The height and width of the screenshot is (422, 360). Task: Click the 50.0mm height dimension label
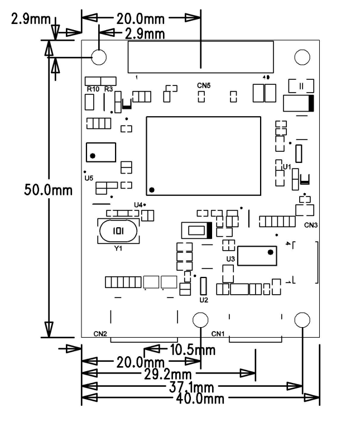coord(48,190)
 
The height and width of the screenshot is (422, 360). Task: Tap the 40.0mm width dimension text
coord(201,399)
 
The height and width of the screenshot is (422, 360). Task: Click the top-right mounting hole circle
coord(302,57)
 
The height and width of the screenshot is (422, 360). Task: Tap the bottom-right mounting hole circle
coord(302,320)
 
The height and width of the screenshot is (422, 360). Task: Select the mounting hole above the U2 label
coord(201,319)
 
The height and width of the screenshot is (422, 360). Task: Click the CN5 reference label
coord(204,86)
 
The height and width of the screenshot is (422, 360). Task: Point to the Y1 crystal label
coord(118,248)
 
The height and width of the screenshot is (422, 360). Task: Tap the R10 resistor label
coord(93,89)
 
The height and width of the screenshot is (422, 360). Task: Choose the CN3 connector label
coord(311,225)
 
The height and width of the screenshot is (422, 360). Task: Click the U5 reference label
coord(89,179)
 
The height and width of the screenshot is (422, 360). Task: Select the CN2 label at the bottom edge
coord(100,334)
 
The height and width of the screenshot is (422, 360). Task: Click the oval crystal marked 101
coord(118,231)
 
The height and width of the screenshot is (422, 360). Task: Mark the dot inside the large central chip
coord(152,190)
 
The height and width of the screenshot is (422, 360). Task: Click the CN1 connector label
coord(218,334)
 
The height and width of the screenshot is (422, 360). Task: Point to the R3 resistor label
coord(108,89)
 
